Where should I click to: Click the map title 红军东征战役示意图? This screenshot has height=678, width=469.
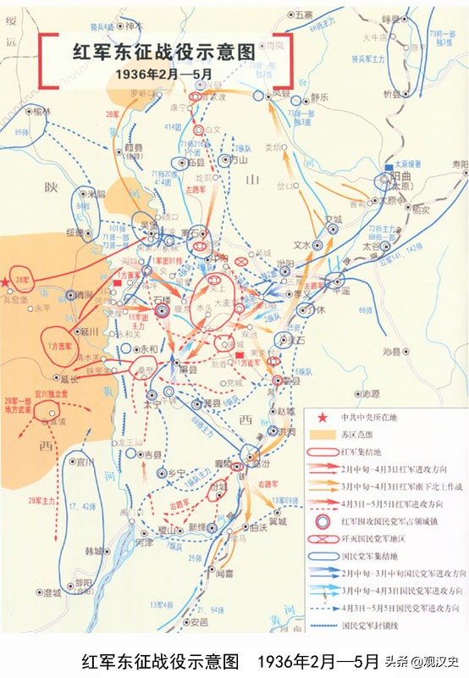166,52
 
